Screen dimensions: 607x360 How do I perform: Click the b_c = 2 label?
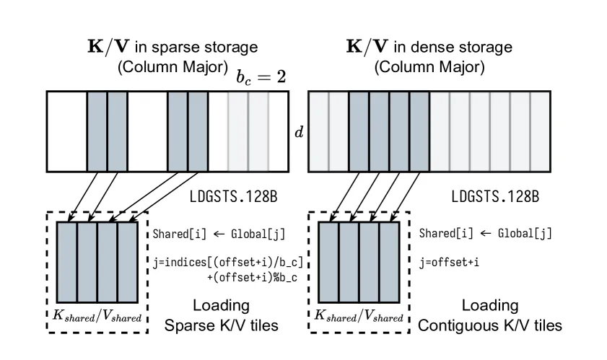[x=261, y=77]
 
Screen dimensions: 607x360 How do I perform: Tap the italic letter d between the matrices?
[x=299, y=133]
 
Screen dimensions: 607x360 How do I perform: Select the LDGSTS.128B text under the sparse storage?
[x=233, y=197]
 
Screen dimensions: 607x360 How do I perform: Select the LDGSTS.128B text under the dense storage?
[x=495, y=197]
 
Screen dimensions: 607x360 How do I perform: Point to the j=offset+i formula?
[x=449, y=263]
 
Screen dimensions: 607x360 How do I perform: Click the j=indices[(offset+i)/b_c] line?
[x=227, y=263]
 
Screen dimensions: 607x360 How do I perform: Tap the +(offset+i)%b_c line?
[x=252, y=278]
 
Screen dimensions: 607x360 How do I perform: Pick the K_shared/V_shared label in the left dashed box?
[x=97, y=316]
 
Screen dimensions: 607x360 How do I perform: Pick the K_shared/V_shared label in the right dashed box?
[x=359, y=316]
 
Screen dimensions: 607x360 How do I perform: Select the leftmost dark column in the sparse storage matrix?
[x=97, y=131]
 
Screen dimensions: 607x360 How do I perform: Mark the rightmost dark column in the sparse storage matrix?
[x=198, y=131]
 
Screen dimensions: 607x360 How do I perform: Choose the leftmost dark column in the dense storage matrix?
[x=359, y=131]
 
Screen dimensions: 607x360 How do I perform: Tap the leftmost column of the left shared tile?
[x=67, y=262]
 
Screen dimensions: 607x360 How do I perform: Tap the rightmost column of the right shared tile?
[x=389, y=262]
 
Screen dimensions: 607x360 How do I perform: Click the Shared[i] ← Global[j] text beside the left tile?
[x=219, y=234]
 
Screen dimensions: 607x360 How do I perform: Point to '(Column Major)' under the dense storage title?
[x=429, y=67]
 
